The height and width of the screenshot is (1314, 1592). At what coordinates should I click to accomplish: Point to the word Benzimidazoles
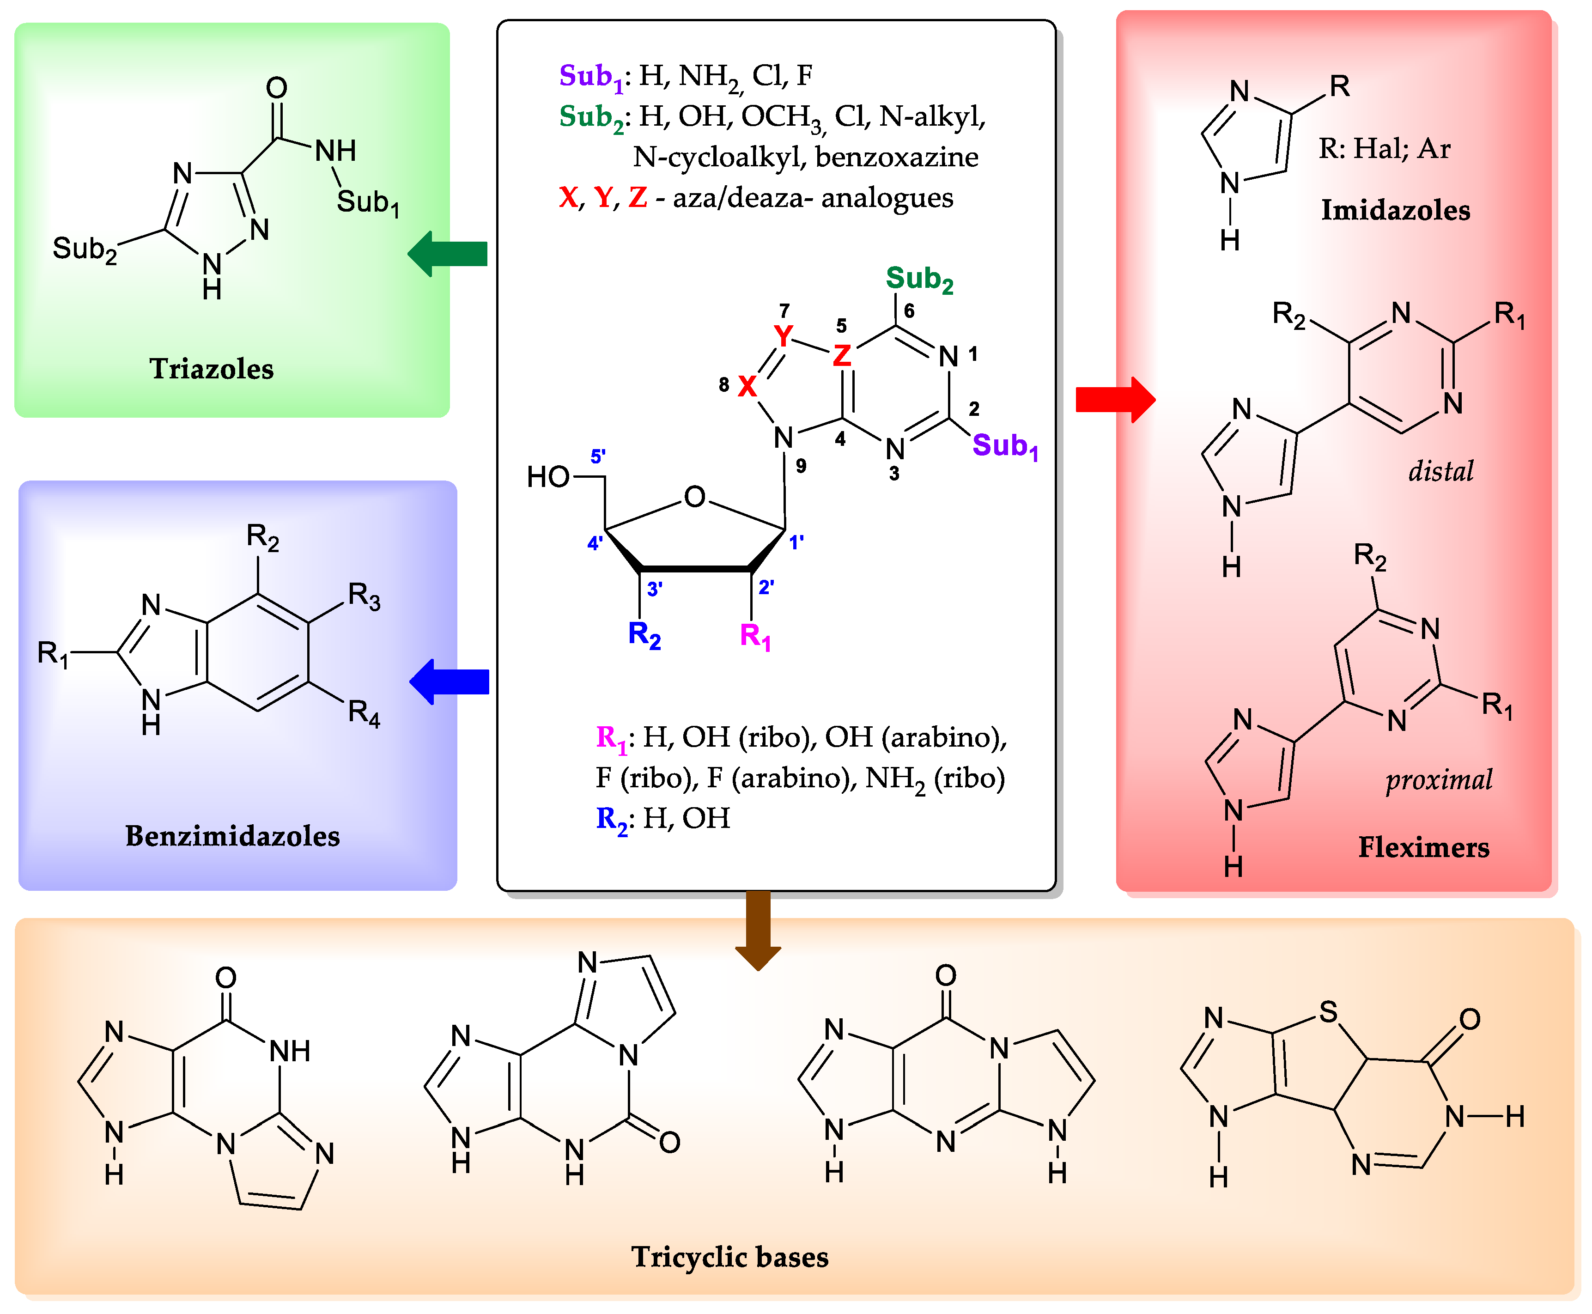[232, 836]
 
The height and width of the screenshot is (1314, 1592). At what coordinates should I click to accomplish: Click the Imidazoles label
[1395, 210]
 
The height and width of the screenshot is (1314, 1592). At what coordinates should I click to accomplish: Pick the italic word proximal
[1439, 779]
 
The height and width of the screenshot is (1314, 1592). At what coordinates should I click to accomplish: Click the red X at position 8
[747, 386]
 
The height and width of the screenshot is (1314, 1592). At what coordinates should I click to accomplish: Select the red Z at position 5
[841, 354]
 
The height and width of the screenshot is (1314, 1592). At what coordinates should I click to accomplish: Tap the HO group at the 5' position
[548, 477]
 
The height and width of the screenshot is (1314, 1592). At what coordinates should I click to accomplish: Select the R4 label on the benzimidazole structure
[363, 712]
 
